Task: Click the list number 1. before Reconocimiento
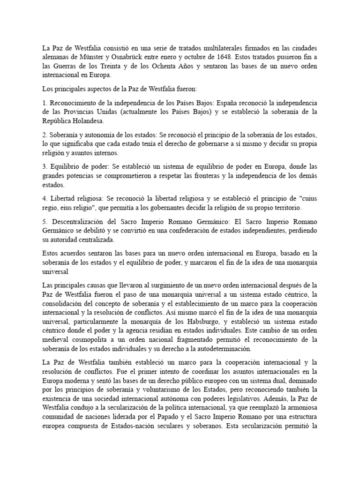[45, 102]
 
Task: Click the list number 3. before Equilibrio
[45, 167]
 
